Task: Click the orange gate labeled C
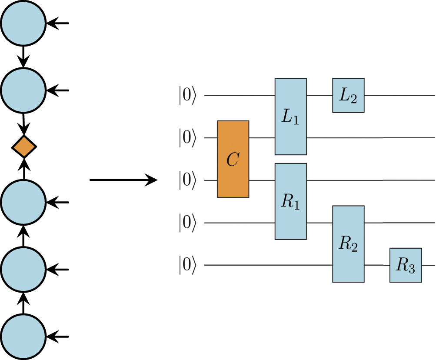tap(233, 159)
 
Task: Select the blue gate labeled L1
tap(290, 117)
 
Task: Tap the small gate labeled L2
tap(348, 95)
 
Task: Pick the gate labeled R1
tap(290, 201)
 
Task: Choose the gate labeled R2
tap(348, 244)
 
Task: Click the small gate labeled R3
tap(406, 265)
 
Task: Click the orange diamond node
tap(23, 147)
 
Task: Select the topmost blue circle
tap(23, 23)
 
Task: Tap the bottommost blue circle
tap(23, 336)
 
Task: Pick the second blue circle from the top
tap(23, 90)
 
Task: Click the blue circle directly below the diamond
tap(23, 203)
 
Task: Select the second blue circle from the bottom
tap(23, 270)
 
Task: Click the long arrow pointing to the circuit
tap(123, 180)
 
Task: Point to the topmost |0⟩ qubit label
tap(187, 96)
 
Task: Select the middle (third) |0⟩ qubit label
tap(187, 180)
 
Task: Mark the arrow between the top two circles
tap(23, 57)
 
